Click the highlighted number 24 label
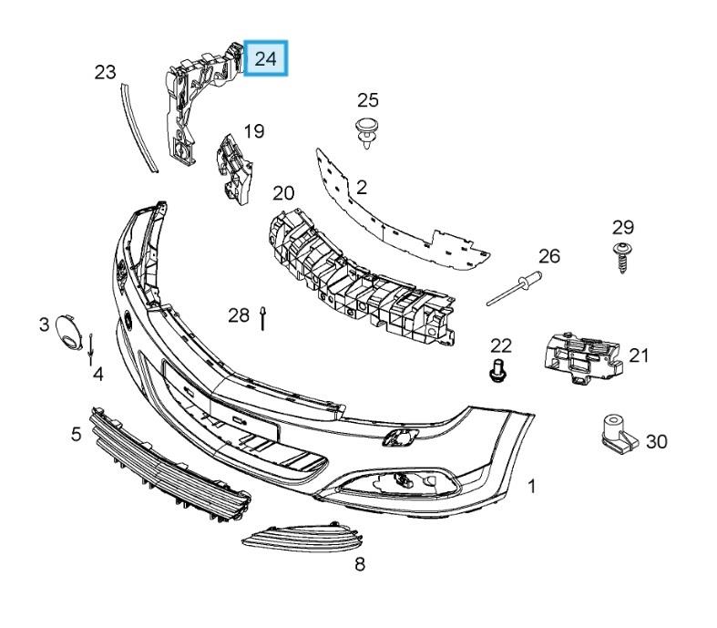tap(266, 59)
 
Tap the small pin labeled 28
tap(262, 318)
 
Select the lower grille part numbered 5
tap(169, 464)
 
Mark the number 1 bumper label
tap(531, 486)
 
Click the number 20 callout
tap(283, 193)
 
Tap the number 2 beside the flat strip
tap(361, 188)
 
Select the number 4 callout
tap(97, 374)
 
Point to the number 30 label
tap(656, 442)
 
